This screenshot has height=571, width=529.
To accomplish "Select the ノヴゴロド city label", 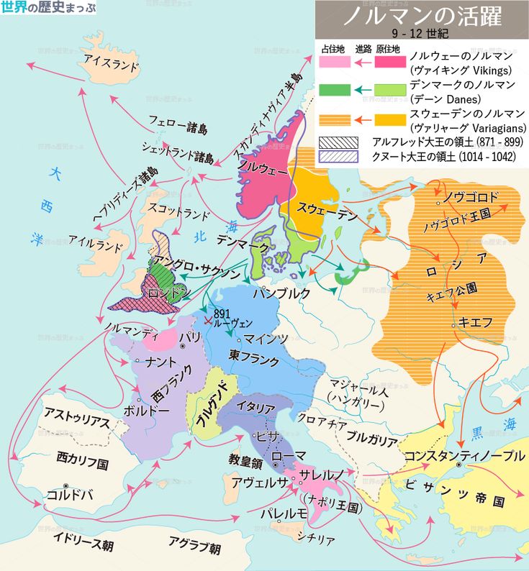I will click(x=471, y=196).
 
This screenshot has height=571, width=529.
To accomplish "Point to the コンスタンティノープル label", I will click(x=464, y=455).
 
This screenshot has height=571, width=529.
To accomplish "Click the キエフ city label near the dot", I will click(x=474, y=321).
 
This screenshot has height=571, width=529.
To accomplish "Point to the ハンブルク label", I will click(x=281, y=293).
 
